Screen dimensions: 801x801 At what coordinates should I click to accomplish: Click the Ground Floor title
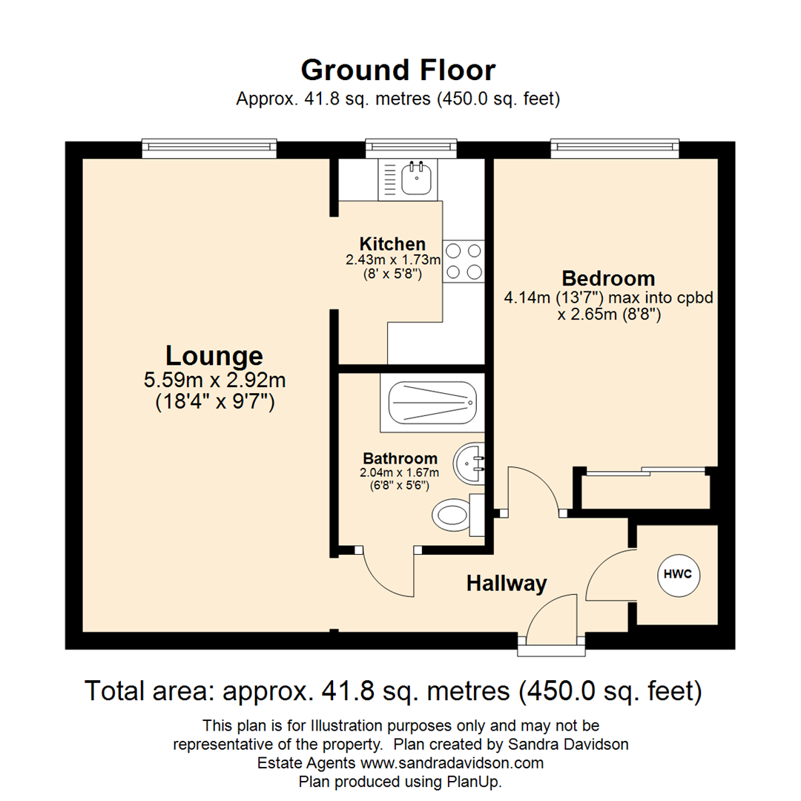click(x=398, y=70)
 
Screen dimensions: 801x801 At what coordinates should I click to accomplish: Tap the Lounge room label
click(x=214, y=355)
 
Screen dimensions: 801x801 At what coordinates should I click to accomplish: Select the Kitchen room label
click(x=392, y=244)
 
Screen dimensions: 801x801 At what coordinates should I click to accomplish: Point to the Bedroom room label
click(x=608, y=279)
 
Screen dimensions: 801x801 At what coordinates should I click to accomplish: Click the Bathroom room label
click(x=400, y=458)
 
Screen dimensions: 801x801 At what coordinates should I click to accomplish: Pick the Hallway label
click(x=507, y=584)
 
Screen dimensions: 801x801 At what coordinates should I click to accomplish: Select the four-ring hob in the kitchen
click(x=464, y=262)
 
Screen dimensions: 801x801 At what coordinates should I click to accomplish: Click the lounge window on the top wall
click(x=209, y=149)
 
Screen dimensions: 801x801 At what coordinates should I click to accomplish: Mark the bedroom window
click(x=614, y=149)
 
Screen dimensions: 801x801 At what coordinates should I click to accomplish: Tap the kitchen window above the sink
click(x=412, y=149)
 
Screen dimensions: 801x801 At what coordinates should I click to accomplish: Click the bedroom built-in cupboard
click(x=644, y=492)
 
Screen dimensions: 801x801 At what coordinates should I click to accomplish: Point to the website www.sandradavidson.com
click(x=452, y=762)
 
